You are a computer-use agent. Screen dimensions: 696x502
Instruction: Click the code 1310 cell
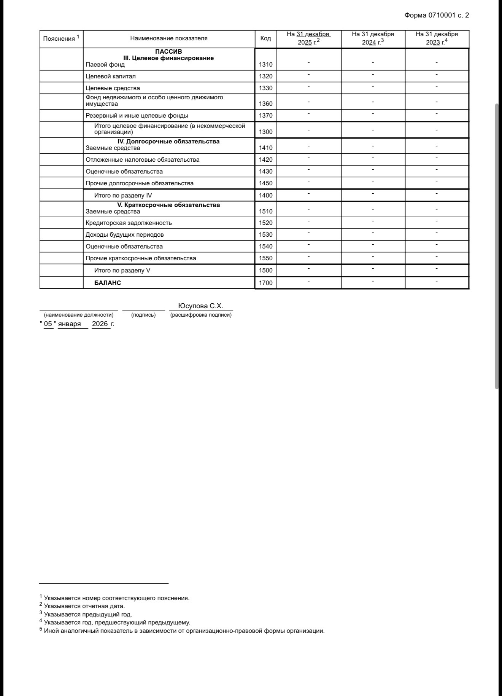click(265, 65)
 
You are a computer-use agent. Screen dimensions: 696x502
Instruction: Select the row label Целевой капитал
click(111, 76)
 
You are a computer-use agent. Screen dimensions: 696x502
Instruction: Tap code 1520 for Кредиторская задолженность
click(265, 223)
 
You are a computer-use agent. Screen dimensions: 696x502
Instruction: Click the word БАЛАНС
click(108, 283)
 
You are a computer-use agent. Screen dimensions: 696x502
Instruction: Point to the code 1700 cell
click(265, 283)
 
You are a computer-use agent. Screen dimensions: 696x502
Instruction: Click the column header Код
click(265, 38)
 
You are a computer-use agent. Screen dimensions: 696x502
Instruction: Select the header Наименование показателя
click(169, 38)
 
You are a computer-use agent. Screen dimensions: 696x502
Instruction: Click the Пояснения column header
click(61, 38)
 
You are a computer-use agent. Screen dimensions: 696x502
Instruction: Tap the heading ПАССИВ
click(168, 51)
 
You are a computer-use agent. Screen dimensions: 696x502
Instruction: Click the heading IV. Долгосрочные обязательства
click(168, 142)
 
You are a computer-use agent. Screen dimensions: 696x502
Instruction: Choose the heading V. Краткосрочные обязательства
click(168, 205)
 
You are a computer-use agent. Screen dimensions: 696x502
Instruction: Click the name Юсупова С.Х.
click(200, 306)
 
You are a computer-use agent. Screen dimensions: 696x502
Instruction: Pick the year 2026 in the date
click(100, 324)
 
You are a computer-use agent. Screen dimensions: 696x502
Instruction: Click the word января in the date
click(69, 324)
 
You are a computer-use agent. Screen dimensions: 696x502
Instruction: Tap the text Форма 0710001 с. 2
click(437, 16)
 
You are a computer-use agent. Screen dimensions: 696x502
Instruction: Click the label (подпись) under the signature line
click(143, 315)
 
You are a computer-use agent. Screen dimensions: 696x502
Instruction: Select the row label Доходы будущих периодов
click(125, 235)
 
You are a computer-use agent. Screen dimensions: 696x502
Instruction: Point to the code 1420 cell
click(265, 160)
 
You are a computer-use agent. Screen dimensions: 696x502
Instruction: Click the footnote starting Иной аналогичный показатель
click(184, 631)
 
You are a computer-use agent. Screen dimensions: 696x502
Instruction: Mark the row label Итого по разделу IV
click(123, 196)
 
